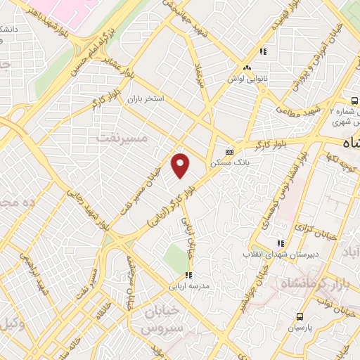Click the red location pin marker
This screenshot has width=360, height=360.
tap(181, 165)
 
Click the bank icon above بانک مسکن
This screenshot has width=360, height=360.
tap(229, 152)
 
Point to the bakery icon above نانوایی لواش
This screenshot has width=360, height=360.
tap(247, 67)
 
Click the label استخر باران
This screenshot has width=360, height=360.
tap(145, 99)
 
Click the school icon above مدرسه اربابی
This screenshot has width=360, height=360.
tap(188, 275)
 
